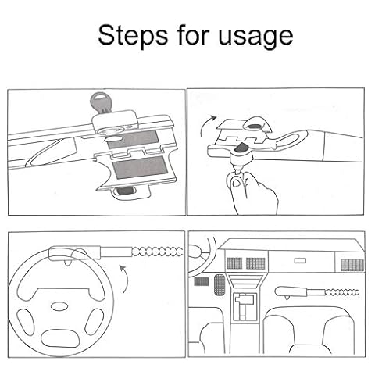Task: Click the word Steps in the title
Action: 133,35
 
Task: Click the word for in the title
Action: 194,35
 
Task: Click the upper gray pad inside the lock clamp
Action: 133,139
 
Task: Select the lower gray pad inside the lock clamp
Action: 140,166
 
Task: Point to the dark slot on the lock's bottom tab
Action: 126,191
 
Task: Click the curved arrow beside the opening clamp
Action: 207,126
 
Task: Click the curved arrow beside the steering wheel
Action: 127,279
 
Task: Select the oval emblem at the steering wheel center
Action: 59,306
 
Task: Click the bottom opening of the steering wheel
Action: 60,338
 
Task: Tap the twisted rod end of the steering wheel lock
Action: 158,252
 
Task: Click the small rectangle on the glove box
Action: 300,260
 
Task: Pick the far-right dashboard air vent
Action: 352,265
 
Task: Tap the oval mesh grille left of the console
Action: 220,284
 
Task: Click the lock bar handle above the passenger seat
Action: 291,292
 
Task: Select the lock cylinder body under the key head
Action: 114,121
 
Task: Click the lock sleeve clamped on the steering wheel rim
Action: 75,254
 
